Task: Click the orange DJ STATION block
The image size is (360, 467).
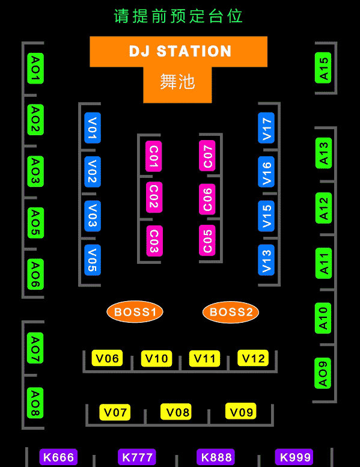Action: [x=178, y=51]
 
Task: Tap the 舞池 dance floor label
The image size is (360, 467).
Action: [x=177, y=82]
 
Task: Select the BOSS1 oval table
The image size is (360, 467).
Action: [x=135, y=312]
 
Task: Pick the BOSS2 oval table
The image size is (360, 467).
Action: [x=231, y=312]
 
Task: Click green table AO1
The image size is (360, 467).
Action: [x=35, y=68]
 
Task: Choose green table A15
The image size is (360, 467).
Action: [x=323, y=68]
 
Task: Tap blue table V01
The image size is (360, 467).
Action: [x=93, y=128]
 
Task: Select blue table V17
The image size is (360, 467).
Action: [x=266, y=128]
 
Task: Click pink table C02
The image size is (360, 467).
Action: [x=154, y=197]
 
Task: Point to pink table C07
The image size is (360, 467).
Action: [x=207, y=156]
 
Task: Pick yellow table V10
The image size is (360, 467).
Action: [x=156, y=358]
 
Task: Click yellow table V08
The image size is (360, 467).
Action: [x=176, y=412]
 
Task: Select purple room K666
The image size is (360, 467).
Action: [x=58, y=457]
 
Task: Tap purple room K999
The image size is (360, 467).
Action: [x=294, y=457]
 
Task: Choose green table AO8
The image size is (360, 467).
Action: [x=35, y=403]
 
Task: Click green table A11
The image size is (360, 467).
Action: [x=323, y=263]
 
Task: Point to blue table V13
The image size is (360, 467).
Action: [x=266, y=260]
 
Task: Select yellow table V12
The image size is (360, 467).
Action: [x=253, y=358]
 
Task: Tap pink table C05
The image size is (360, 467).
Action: [x=207, y=240]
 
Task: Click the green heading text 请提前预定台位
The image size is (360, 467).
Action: [x=178, y=16]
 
